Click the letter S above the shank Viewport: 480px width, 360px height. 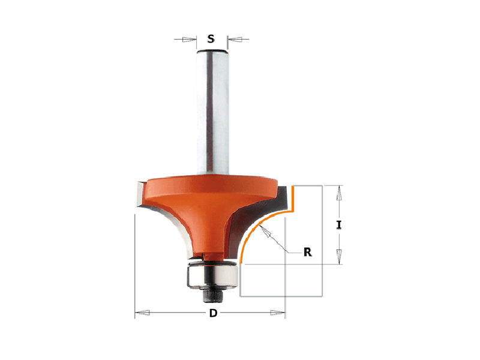(x=211, y=39)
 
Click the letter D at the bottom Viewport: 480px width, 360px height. (x=213, y=313)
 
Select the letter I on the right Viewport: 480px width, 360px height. (x=338, y=226)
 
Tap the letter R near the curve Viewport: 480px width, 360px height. (x=307, y=252)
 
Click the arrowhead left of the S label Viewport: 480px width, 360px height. (x=189, y=40)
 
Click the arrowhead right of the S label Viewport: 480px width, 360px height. (x=235, y=39)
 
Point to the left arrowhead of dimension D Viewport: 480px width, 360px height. (x=142, y=313)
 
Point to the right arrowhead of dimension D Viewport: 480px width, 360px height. (x=277, y=313)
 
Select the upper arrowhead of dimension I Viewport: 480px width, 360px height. (x=339, y=193)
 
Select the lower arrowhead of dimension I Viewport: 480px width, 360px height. (x=339, y=257)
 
